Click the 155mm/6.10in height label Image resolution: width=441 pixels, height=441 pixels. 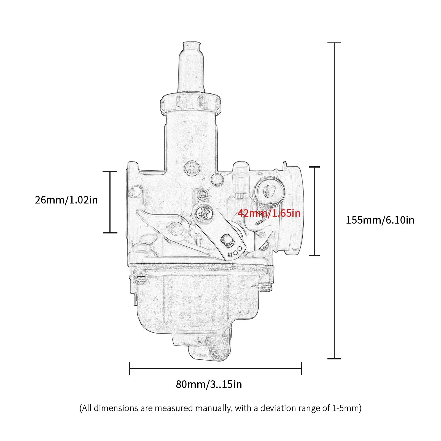380,220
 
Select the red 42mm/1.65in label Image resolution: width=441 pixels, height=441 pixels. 269,213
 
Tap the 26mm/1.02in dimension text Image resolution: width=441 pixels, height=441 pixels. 66,200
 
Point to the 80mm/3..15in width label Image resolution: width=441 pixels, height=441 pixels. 209,384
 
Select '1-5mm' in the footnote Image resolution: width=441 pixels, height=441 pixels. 344,408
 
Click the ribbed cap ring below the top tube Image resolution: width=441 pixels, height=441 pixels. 191,104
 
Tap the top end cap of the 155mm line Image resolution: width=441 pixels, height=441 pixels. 334,43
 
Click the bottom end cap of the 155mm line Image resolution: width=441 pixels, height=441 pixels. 334,359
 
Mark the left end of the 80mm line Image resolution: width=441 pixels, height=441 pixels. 130,368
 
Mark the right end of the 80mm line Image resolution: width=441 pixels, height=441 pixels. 301,368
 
